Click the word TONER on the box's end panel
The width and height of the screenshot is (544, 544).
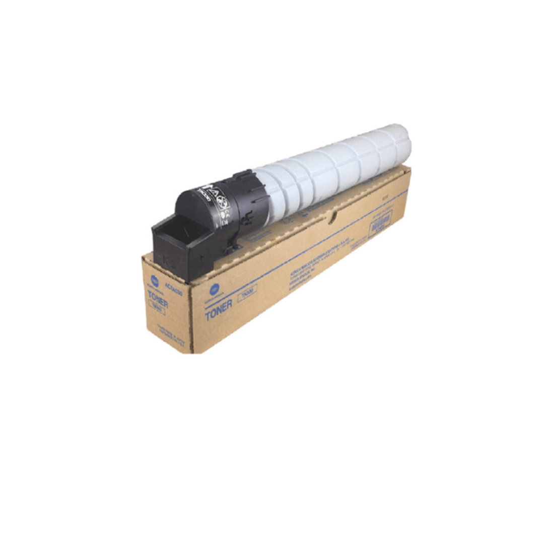(x=157, y=297)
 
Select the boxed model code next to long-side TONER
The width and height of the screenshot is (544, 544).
(x=247, y=290)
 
